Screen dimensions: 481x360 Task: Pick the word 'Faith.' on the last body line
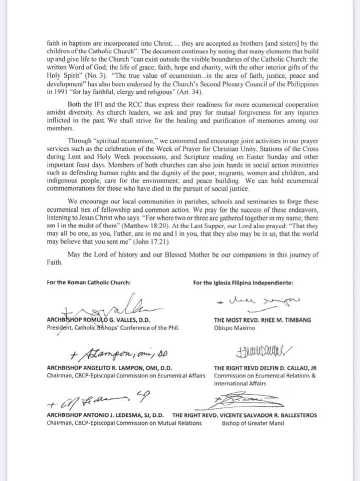pyautogui.click(x=54, y=262)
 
